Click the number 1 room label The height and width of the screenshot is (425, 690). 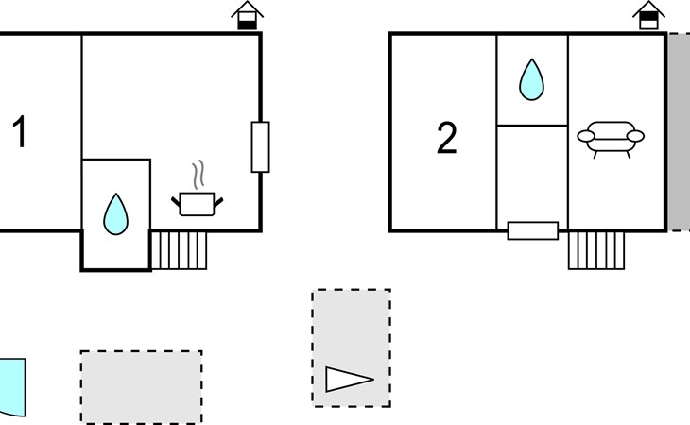(x=20, y=131)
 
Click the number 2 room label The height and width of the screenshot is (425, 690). (x=447, y=138)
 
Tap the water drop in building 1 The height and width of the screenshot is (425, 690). (x=115, y=214)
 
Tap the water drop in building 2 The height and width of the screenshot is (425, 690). (x=531, y=80)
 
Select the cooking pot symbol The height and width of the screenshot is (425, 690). (x=198, y=204)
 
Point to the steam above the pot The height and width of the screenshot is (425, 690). (x=198, y=175)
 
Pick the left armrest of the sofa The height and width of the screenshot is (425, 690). (x=586, y=136)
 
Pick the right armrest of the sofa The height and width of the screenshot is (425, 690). (x=635, y=136)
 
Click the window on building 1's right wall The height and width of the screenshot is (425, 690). (x=261, y=147)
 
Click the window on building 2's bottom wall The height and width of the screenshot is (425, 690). (x=533, y=230)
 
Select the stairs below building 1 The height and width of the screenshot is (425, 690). (x=179, y=250)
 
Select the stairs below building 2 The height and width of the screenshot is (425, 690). (x=596, y=250)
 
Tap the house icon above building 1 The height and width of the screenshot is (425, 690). (x=248, y=16)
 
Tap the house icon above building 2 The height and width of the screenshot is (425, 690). (x=648, y=16)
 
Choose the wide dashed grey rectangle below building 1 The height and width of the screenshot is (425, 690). (x=141, y=387)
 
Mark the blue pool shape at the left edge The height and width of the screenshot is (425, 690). (x=12, y=387)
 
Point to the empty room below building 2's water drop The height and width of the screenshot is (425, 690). (x=532, y=174)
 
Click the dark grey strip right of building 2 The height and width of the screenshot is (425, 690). (x=679, y=132)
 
